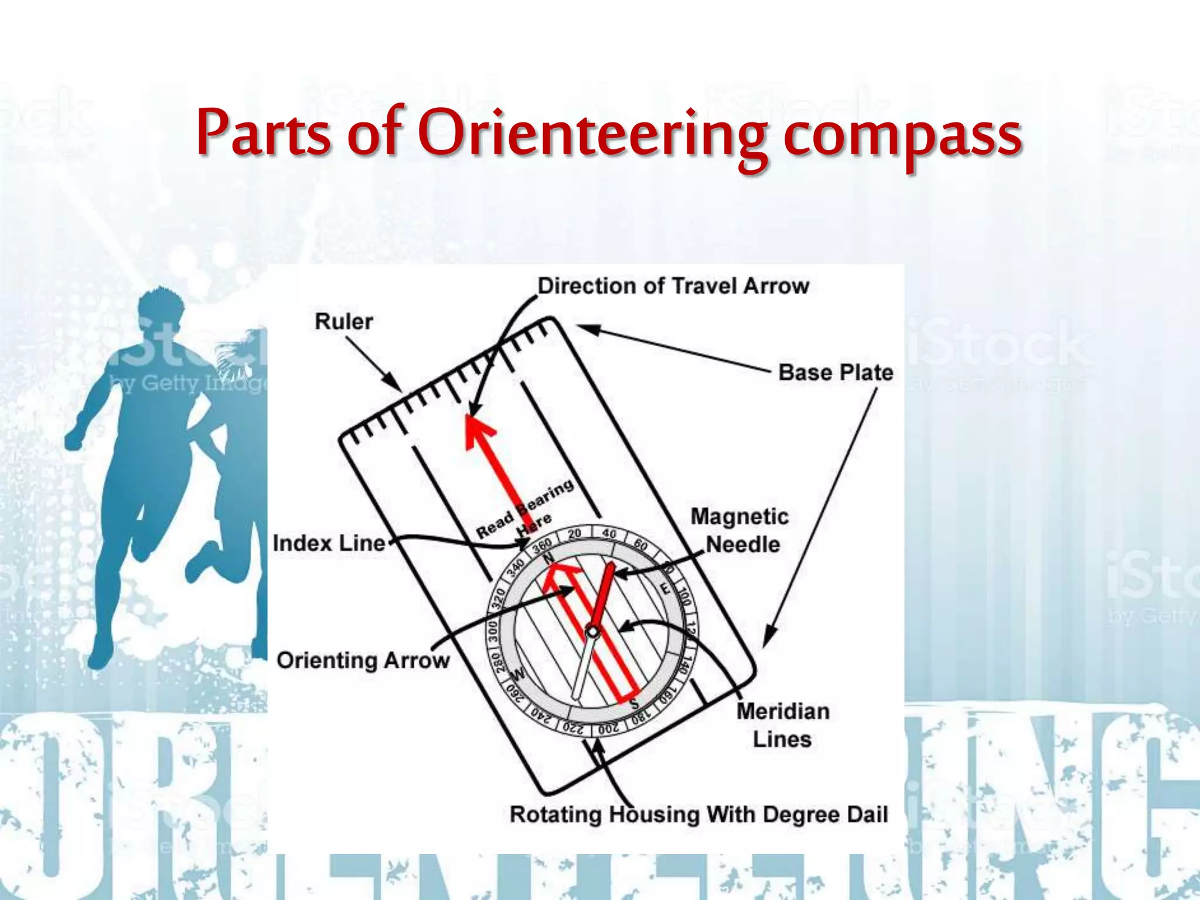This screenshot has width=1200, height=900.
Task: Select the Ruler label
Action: pyautogui.click(x=343, y=322)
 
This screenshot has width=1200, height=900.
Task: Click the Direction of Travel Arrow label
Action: pyautogui.click(x=673, y=286)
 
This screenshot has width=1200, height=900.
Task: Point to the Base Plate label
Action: pyautogui.click(x=836, y=373)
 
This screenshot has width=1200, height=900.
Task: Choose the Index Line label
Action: pyautogui.click(x=329, y=543)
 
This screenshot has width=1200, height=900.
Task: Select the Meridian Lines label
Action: pyautogui.click(x=783, y=725)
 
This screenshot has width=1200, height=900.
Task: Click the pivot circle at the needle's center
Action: pyautogui.click(x=593, y=632)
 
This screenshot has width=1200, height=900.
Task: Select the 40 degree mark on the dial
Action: pyautogui.click(x=609, y=534)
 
